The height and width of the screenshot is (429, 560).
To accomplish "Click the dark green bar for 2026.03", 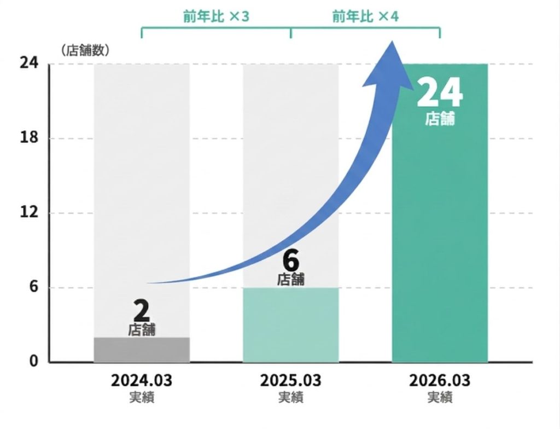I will pos(440,230).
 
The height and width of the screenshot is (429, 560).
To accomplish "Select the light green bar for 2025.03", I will pos(290,325).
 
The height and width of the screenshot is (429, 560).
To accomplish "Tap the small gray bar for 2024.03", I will pos(142,350).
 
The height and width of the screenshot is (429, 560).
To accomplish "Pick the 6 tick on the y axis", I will pos(33,287).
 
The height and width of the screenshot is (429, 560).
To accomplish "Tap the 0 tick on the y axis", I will pos(33,362).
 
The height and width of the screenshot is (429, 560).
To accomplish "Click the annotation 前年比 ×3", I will pos(216,16).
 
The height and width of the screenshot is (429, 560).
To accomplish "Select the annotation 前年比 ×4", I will pos(365,16).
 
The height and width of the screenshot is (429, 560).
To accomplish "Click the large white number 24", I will pos(440,94).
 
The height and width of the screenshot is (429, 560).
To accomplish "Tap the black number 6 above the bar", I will pos(291,260).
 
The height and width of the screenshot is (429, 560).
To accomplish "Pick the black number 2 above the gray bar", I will pos(142,311).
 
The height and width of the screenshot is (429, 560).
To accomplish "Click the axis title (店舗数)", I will pos(86,50).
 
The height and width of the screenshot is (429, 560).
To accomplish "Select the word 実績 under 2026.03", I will pos(440,397).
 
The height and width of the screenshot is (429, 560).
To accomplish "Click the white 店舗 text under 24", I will pos(440,119).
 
